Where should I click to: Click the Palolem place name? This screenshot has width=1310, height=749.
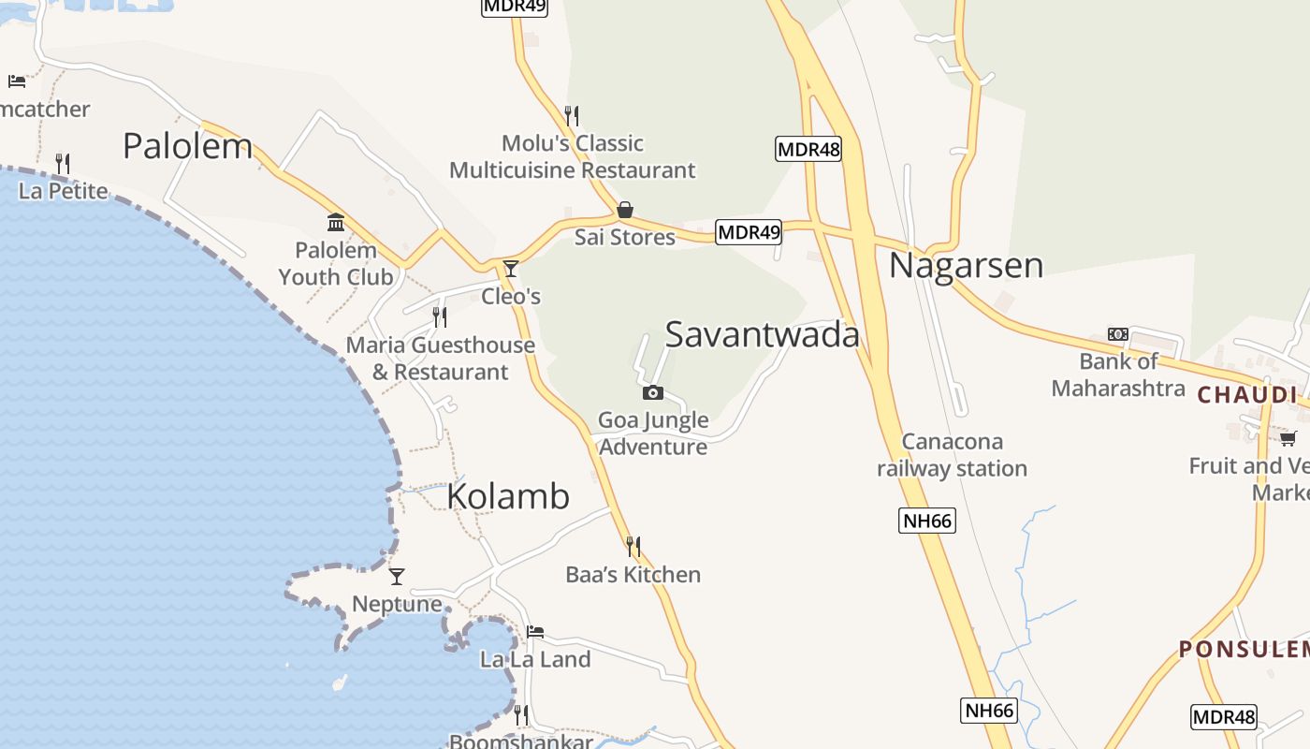pyautogui.click(x=188, y=146)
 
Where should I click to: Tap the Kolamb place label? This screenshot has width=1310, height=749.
pyautogui.click(x=508, y=496)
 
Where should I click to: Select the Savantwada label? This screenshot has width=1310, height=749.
pyautogui.click(x=762, y=334)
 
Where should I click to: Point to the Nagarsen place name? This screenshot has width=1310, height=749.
pyautogui.click(x=966, y=265)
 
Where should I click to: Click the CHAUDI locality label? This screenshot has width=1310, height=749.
pyautogui.click(x=1247, y=395)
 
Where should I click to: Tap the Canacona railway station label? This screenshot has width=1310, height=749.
pyautogui.click(x=952, y=455)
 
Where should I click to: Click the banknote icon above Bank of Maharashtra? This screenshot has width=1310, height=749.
pyautogui.click(x=1117, y=334)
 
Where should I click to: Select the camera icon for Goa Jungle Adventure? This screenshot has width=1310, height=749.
pyautogui.click(x=653, y=393)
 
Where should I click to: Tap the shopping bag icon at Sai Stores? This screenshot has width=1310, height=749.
pyautogui.click(x=624, y=210)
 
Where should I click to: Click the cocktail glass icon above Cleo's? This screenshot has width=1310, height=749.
pyautogui.click(x=510, y=269)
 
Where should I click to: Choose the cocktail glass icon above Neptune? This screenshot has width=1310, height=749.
pyautogui.click(x=397, y=577)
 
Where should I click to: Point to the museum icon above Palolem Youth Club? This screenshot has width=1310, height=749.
pyautogui.click(x=336, y=223)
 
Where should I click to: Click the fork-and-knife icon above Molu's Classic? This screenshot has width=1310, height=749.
pyautogui.click(x=572, y=116)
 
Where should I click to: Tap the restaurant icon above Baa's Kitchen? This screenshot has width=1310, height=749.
pyautogui.click(x=633, y=547)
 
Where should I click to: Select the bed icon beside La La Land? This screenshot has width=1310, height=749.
pyautogui.click(x=535, y=632)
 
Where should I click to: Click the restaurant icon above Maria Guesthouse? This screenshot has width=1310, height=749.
pyautogui.click(x=440, y=317)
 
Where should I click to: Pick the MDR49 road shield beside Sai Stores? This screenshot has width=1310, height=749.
pyautogui.click(x=749, y=232)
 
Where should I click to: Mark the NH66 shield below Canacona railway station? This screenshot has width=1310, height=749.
pyautogui.click(x=926, y=521)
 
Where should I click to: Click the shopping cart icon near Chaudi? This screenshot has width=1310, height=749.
pyautogui.click(x=1288, y=438)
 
